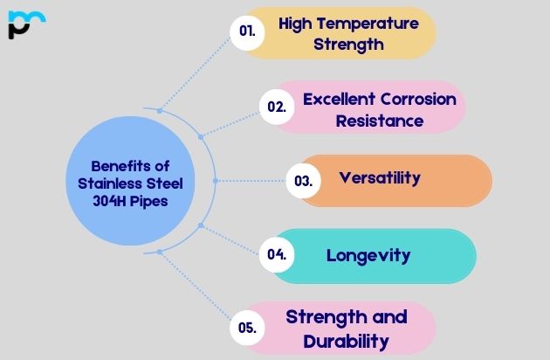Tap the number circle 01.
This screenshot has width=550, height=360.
pyautogui.click(x=247, y=31)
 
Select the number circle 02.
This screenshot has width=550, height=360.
pyautogui.click(x=277, y=107)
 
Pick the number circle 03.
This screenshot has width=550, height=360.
pyautogui.click(x=303, y=181)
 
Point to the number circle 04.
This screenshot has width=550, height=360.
pyautogui.click(x=277, y=255)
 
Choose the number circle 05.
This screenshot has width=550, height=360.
pyautogui.click(x=247, y=328)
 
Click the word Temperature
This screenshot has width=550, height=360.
pyautogui.click(x=359, y=23)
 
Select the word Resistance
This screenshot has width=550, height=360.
pyautogui.click(x=380, y=121)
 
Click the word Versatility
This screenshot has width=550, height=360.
pyautogui.click(x=380, y=177)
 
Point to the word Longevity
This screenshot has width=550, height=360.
pyautogui.click(x=368, y=255)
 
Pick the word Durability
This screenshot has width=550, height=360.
pyautogui.click(x=346, y=341)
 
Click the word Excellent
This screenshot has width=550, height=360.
pyautogui.click(x=340, y=99)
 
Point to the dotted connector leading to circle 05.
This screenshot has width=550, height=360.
pyautogui.click(x=196, y=289)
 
